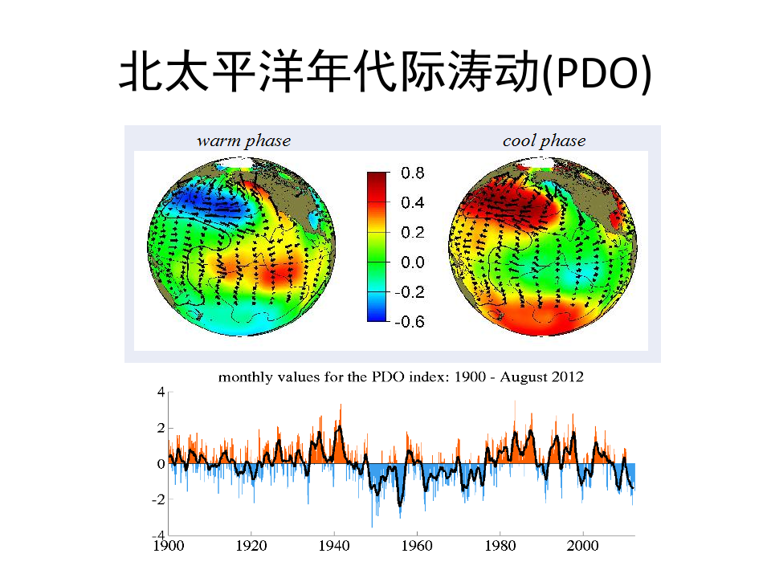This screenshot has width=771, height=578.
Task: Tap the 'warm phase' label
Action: click(x=243, y=141)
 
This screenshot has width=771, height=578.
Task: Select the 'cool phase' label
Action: click(x=544, y=141)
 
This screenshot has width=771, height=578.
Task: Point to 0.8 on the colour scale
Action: click(x=414, y=173)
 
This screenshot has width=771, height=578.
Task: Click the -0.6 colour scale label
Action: click(x=410, y=321)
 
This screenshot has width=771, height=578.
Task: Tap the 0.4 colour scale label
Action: click(x=414, y=203)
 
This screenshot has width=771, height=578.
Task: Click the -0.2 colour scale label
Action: click(x=410, y=292)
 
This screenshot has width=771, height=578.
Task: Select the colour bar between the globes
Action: click(x=376, y=246)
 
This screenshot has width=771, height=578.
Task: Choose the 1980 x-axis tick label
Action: click(x=500, y=545)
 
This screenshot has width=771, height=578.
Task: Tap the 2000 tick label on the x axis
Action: click(x=582, y=545)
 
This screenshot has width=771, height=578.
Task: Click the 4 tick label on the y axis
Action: click(x=161, y=393)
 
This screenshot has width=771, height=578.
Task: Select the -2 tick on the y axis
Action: click(x=158, y=499)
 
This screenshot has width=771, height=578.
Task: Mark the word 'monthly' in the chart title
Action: click(x=245, y=377)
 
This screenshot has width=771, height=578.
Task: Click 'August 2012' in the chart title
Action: click(x=542, y=377)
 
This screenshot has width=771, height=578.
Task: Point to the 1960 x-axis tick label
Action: click(x=417, y=545)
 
